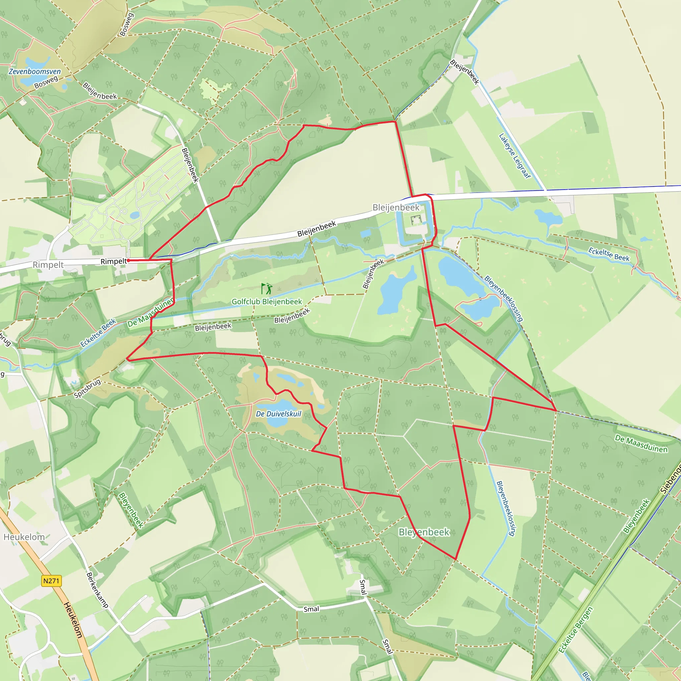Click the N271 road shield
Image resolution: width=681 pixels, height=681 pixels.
(x=52, y=581)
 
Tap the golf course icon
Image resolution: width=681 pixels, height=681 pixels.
(x=267, y=289)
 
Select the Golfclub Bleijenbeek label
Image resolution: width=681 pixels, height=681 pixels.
(x=266, y=302)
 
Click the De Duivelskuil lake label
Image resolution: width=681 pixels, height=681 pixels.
(x=278, y=414)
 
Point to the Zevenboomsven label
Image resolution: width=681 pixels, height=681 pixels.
(x=35, y=71)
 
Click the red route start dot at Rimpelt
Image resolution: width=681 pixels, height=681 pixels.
(x=128, y=260)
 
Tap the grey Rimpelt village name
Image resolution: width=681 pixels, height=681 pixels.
(x=48, y=265)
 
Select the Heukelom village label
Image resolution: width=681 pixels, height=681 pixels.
(x=24, y=537)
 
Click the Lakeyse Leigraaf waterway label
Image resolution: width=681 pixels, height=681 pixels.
(x=515, y=155)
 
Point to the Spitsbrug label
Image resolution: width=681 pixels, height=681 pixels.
(x=87, y=388)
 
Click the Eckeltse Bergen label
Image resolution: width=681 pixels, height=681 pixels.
(x=576, y=629)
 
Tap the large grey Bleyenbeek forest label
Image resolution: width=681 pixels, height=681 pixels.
(x=424, y=532)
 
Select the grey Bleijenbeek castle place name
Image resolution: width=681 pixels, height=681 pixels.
(x=396, y=207)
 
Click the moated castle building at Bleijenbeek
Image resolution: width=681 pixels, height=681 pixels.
(x=416, y=220)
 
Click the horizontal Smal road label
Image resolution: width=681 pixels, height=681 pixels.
(x=311, y=609)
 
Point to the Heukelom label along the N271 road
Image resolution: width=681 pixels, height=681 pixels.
(x=73, y=620)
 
